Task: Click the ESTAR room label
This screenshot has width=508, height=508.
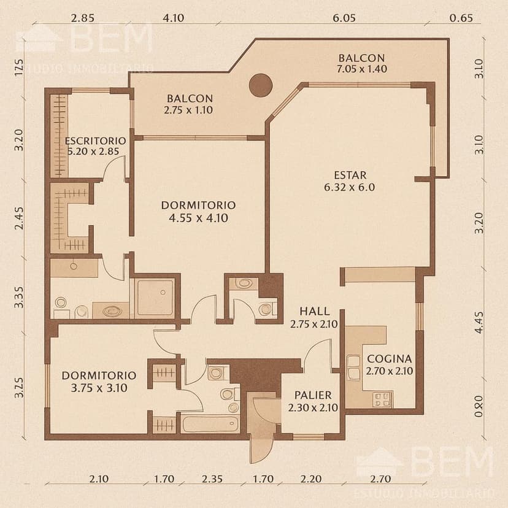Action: [x=350, y=181]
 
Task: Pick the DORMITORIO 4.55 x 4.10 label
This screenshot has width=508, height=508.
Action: [x=198, y=210]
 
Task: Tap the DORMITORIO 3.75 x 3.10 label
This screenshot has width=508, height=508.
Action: [x=99, y=380]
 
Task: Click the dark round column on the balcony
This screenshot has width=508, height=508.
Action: [x=261, y=85]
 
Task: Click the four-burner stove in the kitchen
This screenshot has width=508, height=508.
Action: [x=382, y=399]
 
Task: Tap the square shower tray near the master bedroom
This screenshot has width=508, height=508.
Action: [x=154, y=297]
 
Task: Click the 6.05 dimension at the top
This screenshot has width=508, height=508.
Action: [x=344, y=18]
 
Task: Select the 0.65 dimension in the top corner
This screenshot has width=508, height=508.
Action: [x=461, y=18]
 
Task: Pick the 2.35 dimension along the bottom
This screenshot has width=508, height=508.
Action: [x=212, y=479]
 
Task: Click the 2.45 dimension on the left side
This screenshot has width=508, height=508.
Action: [x=20, y=218]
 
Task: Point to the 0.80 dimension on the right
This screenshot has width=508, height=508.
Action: [x=479, y=406]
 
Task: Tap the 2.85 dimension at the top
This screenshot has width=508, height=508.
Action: [x=82, y=18]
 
